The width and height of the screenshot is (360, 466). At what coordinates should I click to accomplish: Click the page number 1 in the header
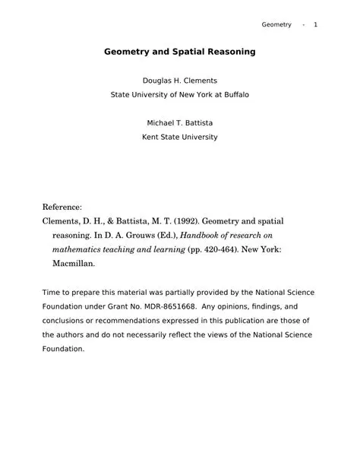pos(315,25)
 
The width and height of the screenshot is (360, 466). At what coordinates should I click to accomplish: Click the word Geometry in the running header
pos(276,25)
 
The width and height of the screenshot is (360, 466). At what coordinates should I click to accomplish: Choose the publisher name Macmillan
pos(73,265)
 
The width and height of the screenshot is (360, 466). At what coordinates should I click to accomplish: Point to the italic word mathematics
pos(77,250)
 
